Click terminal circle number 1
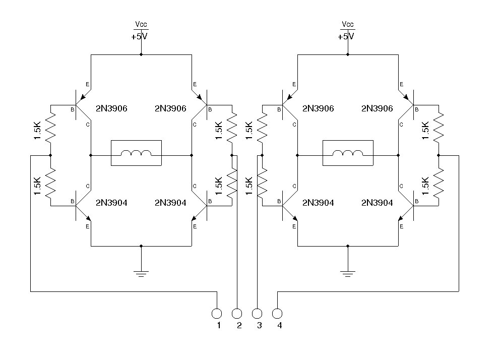tap(217, 314)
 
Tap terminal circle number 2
tap(237, 314)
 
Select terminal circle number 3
tap(257, 314)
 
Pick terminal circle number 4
tap(277, 314)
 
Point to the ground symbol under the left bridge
tap(141, 274)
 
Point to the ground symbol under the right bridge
tap(347, 274)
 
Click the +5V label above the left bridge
tap(140, 36)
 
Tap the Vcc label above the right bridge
tap(347, 24)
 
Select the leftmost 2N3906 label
tap(111, 108)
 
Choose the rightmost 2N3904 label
tap(377, 203)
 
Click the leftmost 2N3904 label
tap(111, 203)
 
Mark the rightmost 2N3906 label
tap(377, 108)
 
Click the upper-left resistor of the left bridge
tap(50, 129)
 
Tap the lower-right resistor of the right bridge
tap(439, 183)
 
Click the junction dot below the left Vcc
tap(141, 54)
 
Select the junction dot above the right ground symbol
tap(347, 246)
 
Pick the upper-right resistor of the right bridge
tap(439, 129)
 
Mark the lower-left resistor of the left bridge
tap(50, 183)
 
